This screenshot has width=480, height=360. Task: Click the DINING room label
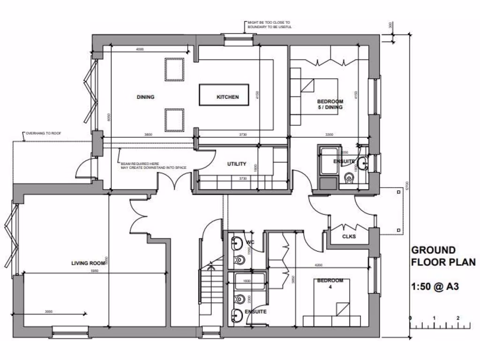tap(145, 97)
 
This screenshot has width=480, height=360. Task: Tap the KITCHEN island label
tap(227, 97)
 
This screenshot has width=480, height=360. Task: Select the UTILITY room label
tap(237, 164)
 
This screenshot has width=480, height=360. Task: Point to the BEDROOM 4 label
tap(330, 284)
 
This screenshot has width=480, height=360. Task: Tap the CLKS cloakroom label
tap(349, 236)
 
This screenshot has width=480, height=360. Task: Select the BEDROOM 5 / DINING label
tap(330, 104)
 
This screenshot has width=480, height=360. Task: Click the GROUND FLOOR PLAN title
tap(442, 256)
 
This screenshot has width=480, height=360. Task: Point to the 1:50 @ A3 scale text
tap(435, 285)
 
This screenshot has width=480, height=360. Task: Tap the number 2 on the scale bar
tap(457, 318)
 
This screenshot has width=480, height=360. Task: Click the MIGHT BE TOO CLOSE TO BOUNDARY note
tap(270, 24)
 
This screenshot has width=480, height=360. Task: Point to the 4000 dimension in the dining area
tap(140, 49)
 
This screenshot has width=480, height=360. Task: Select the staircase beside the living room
tap(210, 286)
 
